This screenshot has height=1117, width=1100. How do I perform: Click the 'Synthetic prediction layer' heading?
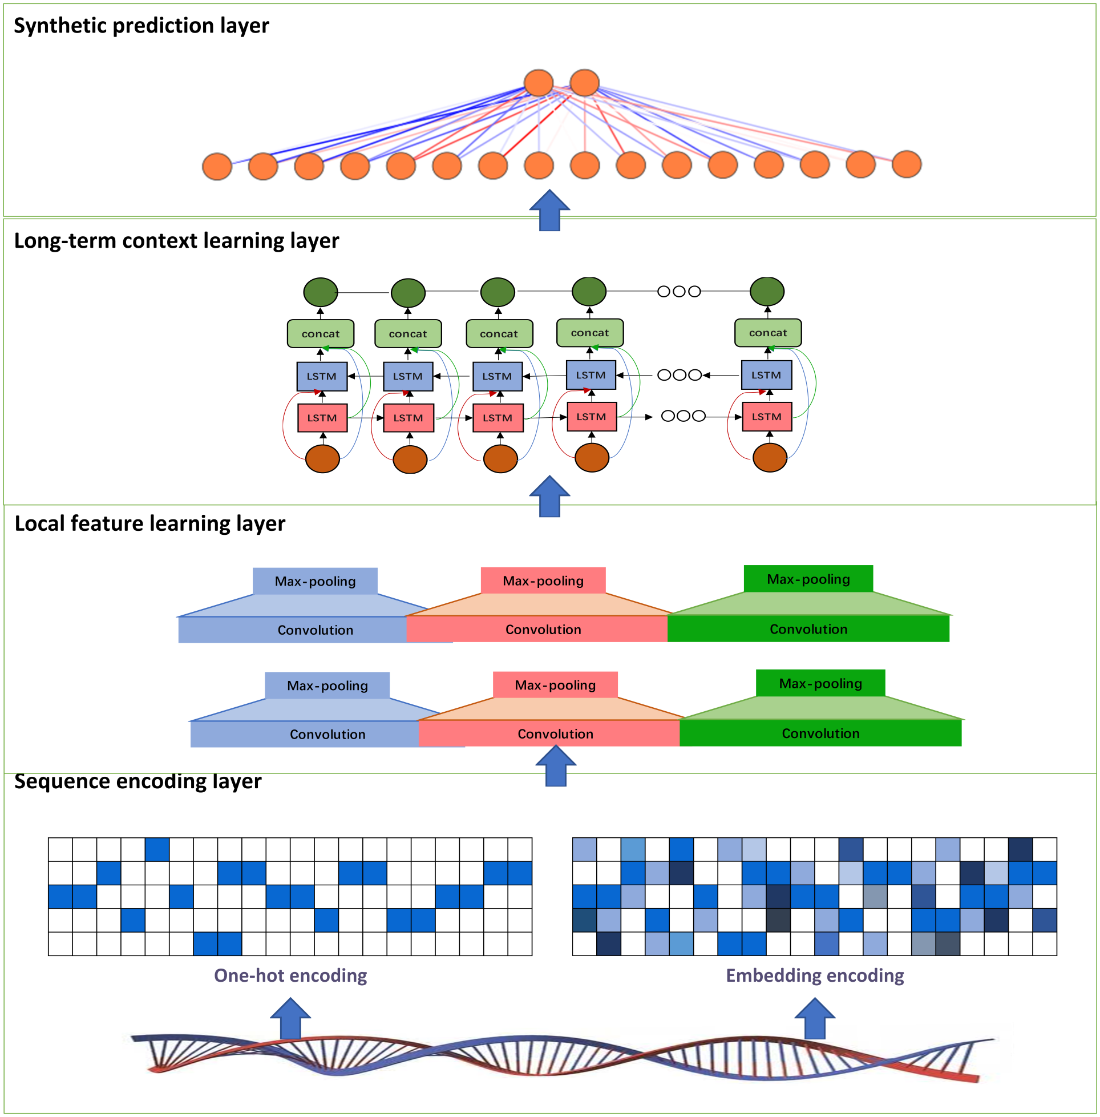point(141,26)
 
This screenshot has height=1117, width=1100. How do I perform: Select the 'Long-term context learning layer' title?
point(176,241)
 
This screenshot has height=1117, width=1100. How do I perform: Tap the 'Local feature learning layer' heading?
point(149,523)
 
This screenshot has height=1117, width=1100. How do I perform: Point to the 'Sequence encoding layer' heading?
point(137,781)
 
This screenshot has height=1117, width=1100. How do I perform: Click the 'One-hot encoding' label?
point(290,975)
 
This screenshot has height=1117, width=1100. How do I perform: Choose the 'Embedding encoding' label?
point(815,975)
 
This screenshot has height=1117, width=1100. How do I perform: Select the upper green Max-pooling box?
point(808,579)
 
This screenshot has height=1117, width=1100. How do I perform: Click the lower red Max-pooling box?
point(555,685)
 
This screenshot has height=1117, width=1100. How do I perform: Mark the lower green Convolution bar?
point(820,733)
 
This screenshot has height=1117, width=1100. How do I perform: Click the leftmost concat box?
point(321,334)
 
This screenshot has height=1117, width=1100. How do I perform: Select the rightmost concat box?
point(768,333)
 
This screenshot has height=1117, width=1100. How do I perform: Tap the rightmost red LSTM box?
point(767,417)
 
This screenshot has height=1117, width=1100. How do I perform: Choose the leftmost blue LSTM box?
point(322,376)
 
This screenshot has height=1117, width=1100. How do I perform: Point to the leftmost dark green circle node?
point(321,292)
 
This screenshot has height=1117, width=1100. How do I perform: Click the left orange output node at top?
point(539,83)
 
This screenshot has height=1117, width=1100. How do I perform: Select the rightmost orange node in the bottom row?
point(907,165)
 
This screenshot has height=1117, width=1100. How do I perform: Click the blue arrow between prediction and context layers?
point(549,211)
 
